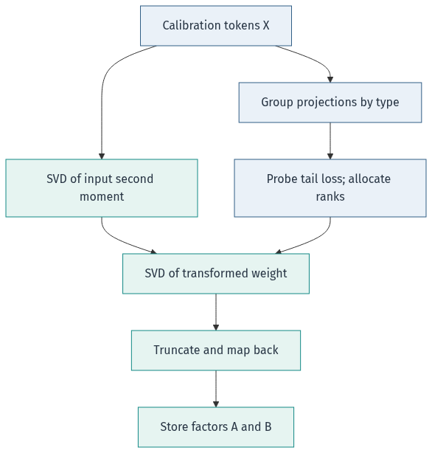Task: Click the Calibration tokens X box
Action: [x=216, y=26]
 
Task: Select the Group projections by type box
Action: [x=330, y=103]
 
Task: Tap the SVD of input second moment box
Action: [x=102, y=188]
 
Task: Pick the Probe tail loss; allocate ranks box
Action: [x=330, y=188]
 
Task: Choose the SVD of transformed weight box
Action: [x=216, y=274]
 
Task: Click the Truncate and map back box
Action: [x=216, y=350]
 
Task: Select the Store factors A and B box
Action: [x=216, y=427]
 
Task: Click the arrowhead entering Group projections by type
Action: [x=330, y=80]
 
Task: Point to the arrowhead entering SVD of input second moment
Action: [x=102, y=156]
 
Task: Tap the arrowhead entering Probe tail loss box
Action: [x=330, y=156]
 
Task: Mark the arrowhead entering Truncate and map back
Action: [x=216, y=328]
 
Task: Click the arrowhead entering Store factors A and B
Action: [x=216, y=404]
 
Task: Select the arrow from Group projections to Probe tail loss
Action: [x=330, y=141]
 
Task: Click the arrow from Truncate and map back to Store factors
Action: [x=216, y=389]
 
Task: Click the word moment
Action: [x=102, y=197]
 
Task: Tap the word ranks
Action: [x=330, y=197]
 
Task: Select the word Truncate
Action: [x=177, y=350]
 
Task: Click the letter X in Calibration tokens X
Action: [x=266, y=25]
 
